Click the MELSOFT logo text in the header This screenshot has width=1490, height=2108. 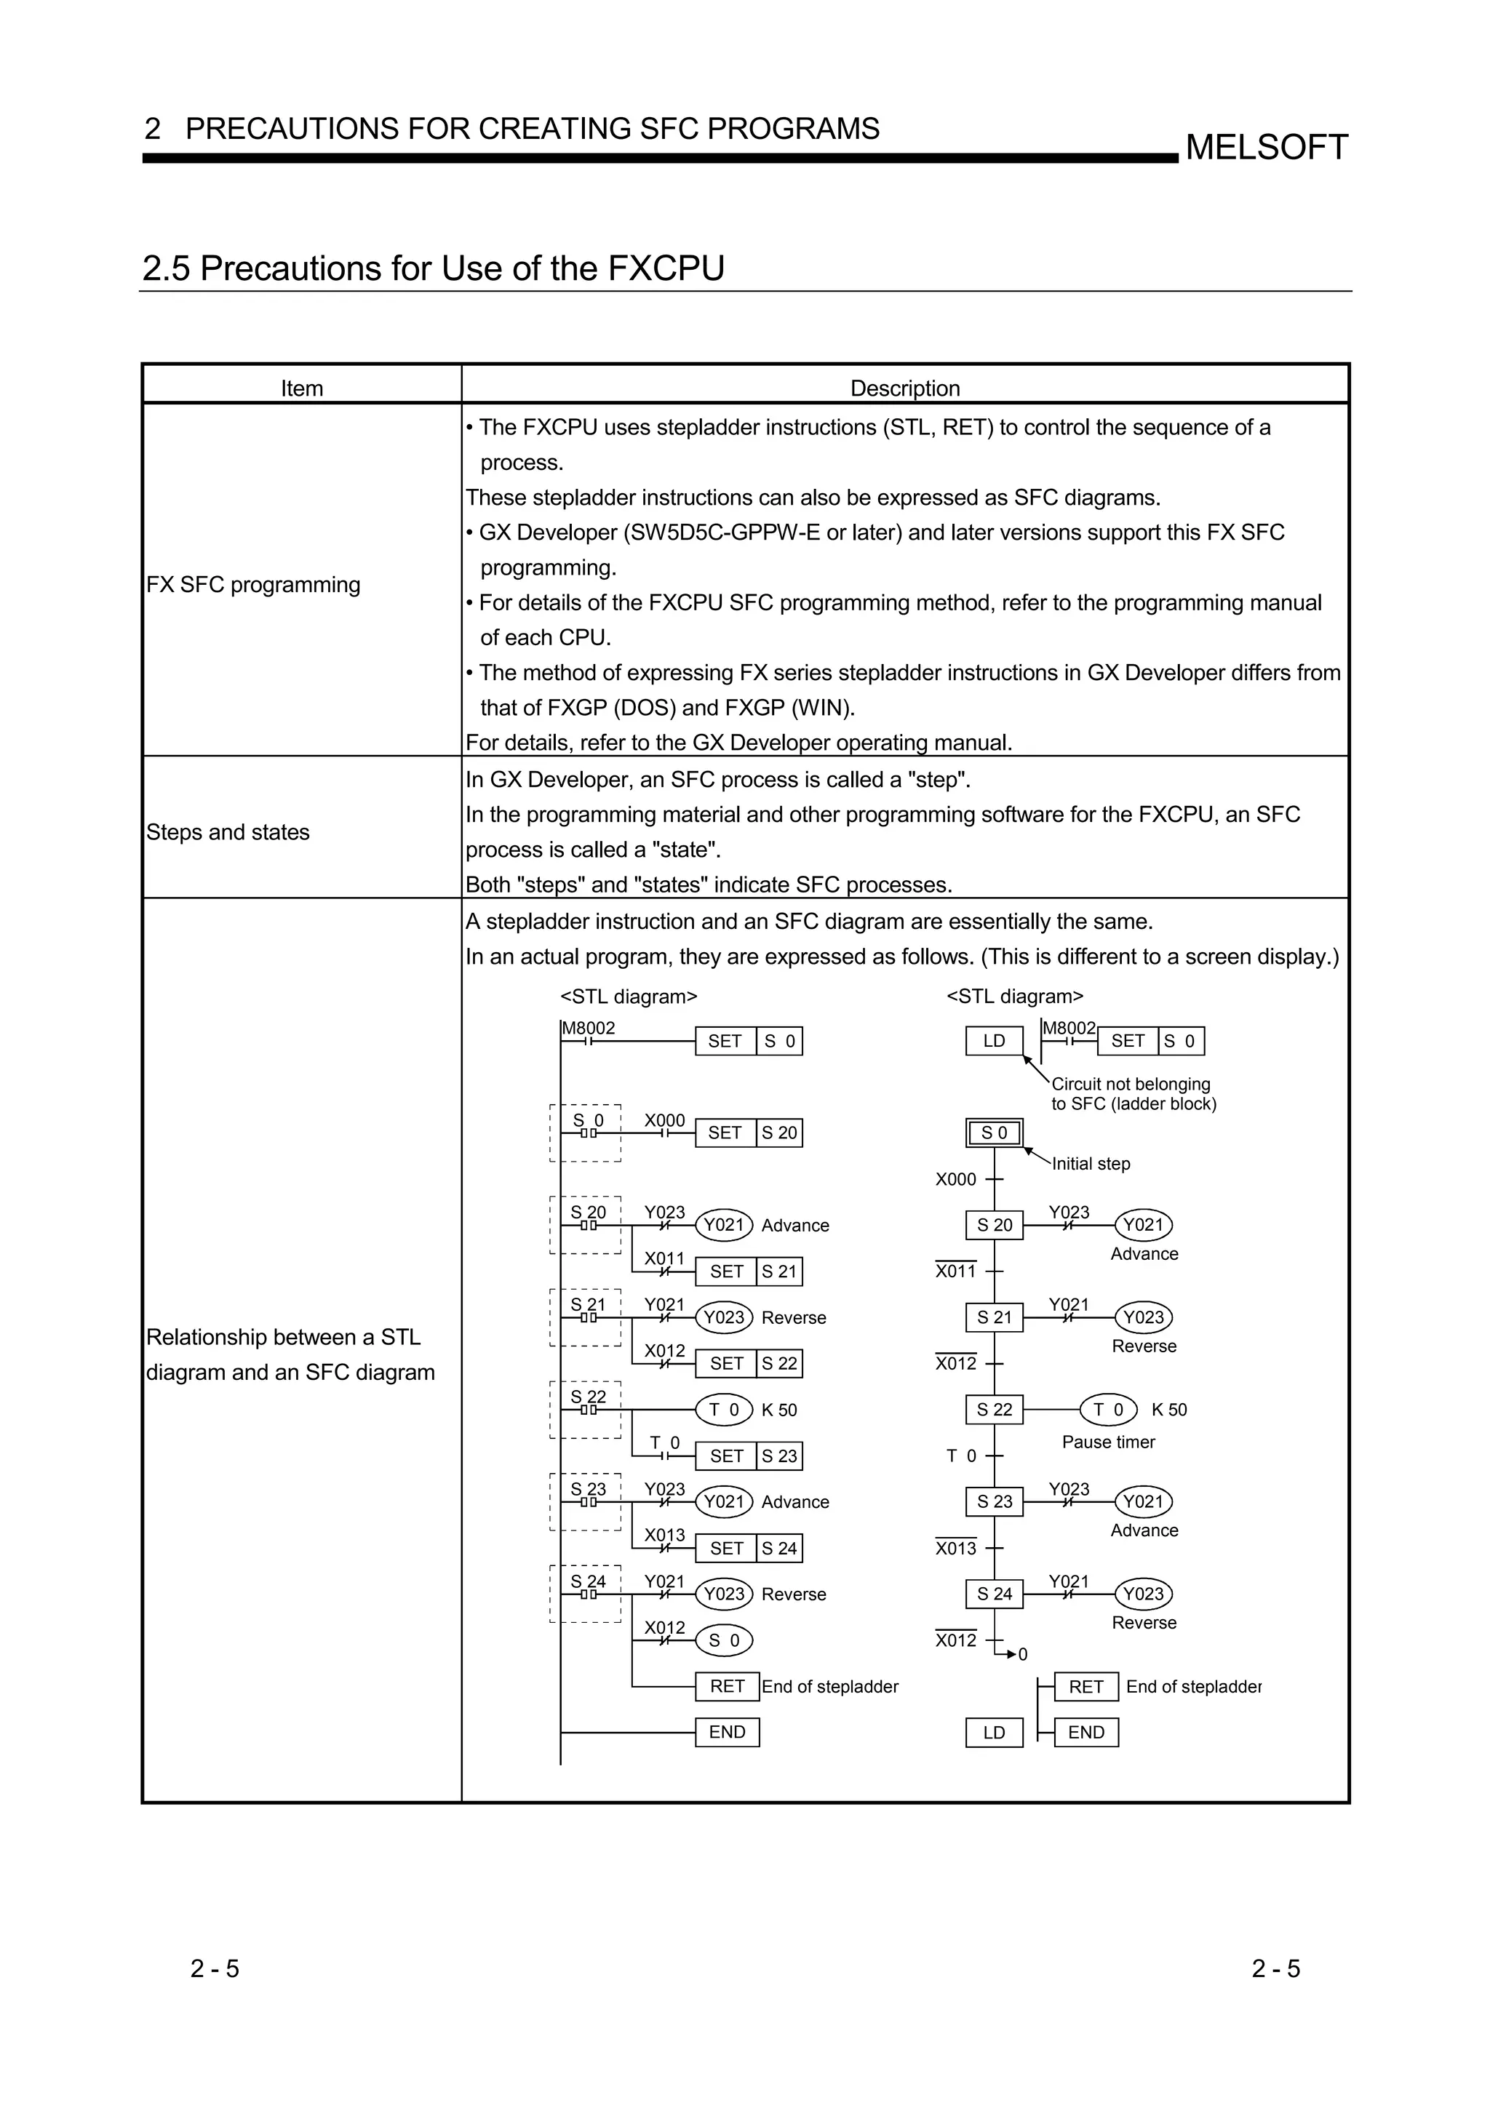[1266, 147]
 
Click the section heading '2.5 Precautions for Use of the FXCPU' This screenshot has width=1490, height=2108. [434, 268]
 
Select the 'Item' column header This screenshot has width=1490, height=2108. [301, 388]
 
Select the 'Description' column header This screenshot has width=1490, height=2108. [904, 388]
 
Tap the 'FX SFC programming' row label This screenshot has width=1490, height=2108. [253, 584]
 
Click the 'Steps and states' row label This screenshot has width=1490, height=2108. [228, 832]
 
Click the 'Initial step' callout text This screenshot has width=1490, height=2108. [1091, 1163]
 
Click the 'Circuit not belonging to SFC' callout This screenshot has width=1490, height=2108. [1133, 1093]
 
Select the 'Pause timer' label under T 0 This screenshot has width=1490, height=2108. [1108, 1442]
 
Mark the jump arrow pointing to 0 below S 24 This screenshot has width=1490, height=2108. [1012, 1653]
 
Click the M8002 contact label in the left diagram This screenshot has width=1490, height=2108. [589, 1029]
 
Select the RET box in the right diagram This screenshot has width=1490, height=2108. [1085, 1687]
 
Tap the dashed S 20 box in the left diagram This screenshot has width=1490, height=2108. [586, 1225]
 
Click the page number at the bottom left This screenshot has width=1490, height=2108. [215, 1968]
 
